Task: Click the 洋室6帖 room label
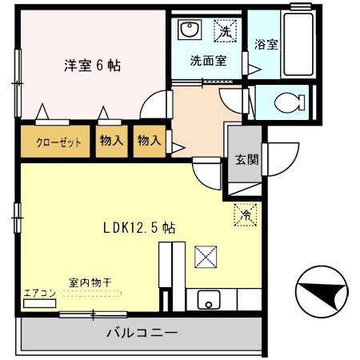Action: click(92, 66)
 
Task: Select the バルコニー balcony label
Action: click(142, 333)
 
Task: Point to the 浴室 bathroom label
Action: click(266, 45)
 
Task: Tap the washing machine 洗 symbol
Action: click(226, 31)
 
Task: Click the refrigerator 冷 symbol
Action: click(246, 214)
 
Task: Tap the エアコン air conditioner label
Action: click(39, 293)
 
